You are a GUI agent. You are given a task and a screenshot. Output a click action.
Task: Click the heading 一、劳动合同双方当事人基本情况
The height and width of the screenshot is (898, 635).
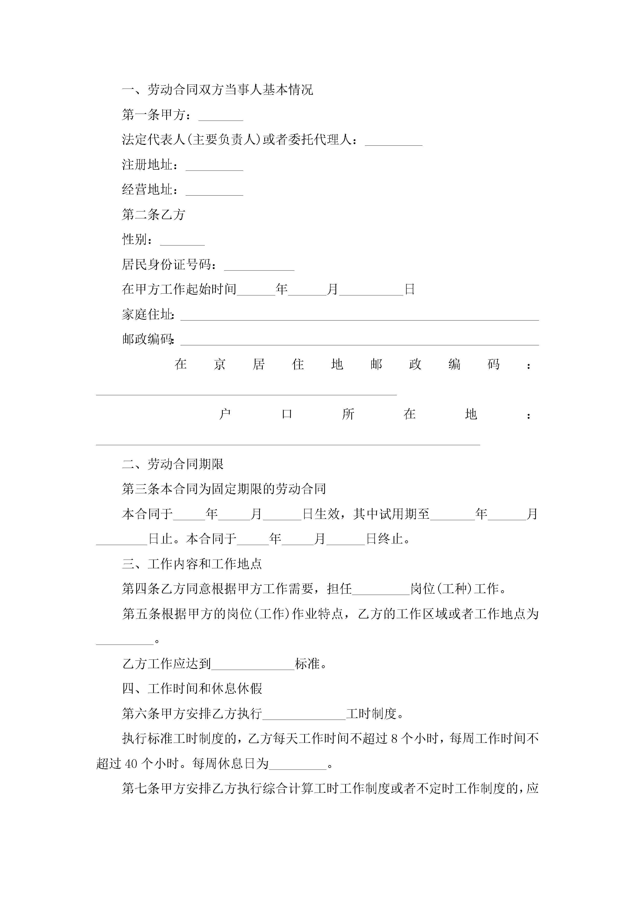[218, 90]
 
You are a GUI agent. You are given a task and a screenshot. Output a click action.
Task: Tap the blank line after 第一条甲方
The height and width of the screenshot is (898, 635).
[221, 116]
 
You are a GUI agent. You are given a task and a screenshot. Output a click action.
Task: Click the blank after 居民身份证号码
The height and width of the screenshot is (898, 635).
[259, 266]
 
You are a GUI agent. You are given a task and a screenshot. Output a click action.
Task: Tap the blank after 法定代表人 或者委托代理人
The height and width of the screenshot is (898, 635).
[394, 142]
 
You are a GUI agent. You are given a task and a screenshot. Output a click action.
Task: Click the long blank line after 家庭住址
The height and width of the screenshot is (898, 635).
[359, 316]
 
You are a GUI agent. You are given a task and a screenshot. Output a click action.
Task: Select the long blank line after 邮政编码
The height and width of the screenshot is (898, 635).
[359, 341]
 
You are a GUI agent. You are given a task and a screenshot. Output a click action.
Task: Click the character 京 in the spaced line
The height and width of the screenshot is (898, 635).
[219, 365]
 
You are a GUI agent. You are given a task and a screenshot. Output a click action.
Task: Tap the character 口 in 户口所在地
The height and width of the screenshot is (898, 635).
[287, 414]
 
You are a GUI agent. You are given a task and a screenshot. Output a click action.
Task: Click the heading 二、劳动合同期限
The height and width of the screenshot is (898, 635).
[173, 464]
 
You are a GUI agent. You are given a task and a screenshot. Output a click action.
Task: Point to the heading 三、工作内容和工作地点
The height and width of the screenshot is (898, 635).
[192, 564]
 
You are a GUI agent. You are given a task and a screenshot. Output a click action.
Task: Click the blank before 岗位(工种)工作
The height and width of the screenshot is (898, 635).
[381, 591]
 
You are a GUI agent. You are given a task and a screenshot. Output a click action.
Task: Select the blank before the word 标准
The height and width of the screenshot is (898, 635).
[253, 666]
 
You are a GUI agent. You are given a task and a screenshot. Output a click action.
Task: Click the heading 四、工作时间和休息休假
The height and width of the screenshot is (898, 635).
[192, 689]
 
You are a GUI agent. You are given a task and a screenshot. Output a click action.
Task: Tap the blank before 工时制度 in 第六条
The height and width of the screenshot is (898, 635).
[304, 715]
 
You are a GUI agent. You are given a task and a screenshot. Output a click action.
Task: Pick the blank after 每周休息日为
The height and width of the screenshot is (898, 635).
[298, 765]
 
